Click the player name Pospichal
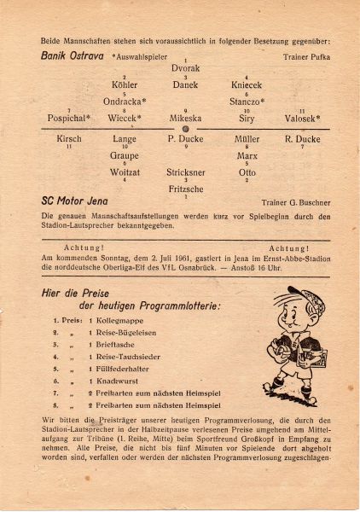click(68, 119)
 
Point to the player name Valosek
click(303, 119)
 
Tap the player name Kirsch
click(69, 138)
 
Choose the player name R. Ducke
click(301, 138)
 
